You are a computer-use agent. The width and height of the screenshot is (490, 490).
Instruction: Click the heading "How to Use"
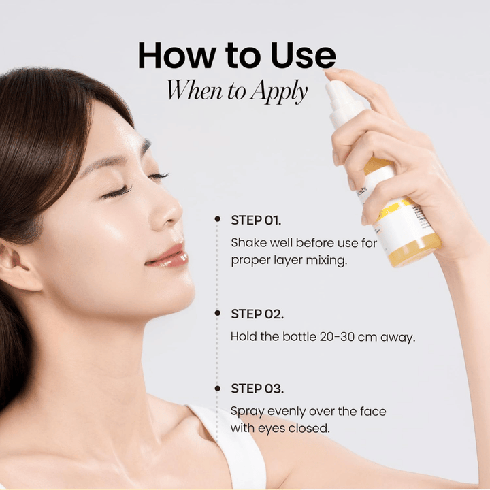point(236,56)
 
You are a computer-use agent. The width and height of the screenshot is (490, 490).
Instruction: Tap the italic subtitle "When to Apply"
point(237,91)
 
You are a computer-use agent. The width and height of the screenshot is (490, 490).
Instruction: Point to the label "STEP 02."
point(257,314)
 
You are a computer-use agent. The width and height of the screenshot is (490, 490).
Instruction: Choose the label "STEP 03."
point(257,389)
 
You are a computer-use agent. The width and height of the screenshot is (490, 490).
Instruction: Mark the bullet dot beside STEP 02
point(217,313)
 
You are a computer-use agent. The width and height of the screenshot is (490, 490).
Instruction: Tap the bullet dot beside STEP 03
point(217,388)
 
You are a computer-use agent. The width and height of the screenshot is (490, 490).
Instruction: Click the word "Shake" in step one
point(248,242)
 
